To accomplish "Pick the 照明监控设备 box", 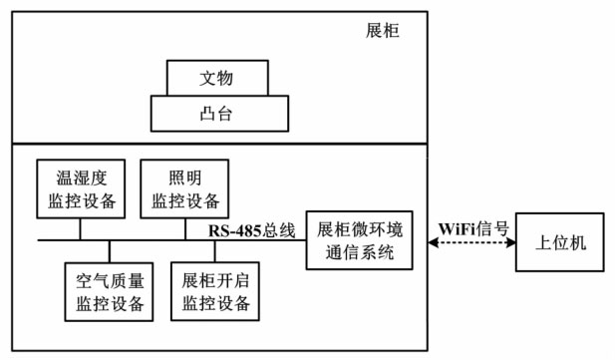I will tap(183, 187).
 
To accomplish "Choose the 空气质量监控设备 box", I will tap(110, 290).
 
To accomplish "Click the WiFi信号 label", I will tap(472, 228).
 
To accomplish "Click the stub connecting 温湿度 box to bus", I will tap(81, 227).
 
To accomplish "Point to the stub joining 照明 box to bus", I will tap(183, 227).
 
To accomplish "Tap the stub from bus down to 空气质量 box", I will tap(110, 251).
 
